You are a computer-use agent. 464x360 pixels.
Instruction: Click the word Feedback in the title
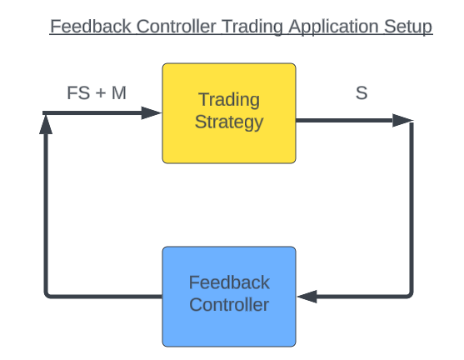click(91, 27)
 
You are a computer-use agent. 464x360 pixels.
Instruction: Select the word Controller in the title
click(177, 27)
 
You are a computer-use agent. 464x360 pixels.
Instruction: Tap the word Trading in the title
click(252, 27)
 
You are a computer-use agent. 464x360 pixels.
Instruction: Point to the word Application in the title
click(333, 27)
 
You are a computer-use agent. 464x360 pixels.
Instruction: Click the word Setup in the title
click(408, 27)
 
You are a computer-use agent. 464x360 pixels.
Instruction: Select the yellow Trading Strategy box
click(229, 113)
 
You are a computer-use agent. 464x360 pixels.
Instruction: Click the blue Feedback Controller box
click(229, 297)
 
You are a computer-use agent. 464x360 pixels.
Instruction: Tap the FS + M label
click(97, 93)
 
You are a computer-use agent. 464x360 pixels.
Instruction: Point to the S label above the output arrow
click(362, 93)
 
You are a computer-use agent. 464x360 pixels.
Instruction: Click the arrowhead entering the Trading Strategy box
click(152, 112)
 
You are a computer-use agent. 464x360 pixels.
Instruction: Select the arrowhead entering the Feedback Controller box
click(307, 297)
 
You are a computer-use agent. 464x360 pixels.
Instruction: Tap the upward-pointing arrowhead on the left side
click(46, 124)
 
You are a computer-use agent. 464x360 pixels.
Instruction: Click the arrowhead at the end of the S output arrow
click(402, 120)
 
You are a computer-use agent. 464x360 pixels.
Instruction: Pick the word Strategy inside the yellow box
click(229, 122)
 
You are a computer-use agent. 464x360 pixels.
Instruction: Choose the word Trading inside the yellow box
click(229, 100)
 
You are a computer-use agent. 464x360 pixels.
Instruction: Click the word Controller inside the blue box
click(229, 305)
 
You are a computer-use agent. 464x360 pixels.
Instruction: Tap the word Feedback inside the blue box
click(229, 282)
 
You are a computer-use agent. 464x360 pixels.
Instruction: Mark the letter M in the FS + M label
click(119, 93)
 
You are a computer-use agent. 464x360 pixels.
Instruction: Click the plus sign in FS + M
click(101, 93)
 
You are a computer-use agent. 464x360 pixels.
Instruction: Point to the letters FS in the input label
click(78, 93)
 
